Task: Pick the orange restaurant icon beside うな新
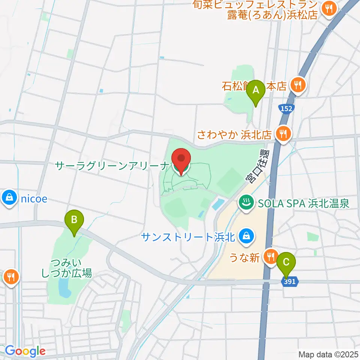click(270, 257)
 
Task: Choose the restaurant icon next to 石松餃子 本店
click(298, 86)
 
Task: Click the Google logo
click(25, 351)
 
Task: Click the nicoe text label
click(34, 198)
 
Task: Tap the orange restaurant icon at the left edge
click(10, 277)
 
